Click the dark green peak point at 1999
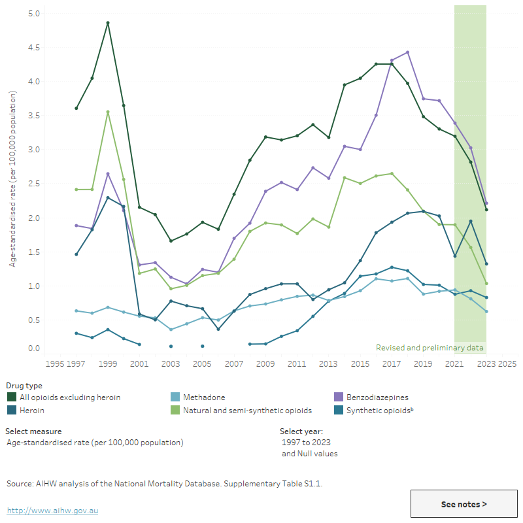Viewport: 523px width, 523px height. [x=108, y=23]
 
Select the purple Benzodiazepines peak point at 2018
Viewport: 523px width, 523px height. [x=407, y=52]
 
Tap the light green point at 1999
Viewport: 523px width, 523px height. [x=108, y=112]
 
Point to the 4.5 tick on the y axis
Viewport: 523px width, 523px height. [x=34, y=48]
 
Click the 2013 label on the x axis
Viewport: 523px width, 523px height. [x=328, y=363]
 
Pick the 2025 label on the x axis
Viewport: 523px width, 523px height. [x=508, y=363]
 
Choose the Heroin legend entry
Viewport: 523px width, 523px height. [x=31, y=410]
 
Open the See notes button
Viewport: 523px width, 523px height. [x=464, y=504]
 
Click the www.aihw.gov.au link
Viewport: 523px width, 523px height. [x=52, y=510]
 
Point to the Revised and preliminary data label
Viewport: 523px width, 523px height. [x=430, y=348]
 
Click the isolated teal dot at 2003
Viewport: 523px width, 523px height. [x=171, y=346]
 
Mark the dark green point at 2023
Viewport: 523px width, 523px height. [x=486, y=210]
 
